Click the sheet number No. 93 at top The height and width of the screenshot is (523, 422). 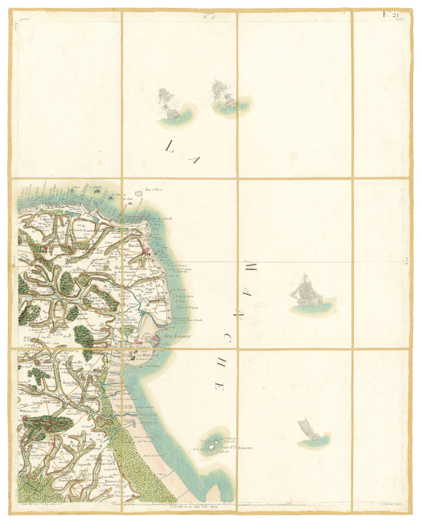(x=210, y=16)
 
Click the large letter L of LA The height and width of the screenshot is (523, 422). (x=170, y=146)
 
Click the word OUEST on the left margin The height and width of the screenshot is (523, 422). (x=14, y=262)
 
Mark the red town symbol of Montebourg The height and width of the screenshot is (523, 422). (x=52, y=444)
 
